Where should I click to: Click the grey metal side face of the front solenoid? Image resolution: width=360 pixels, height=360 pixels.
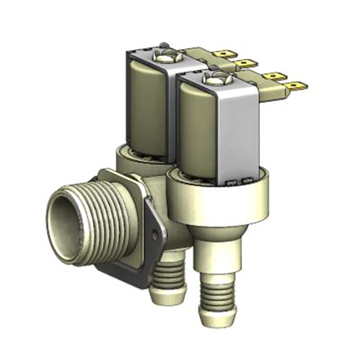pos(241,135)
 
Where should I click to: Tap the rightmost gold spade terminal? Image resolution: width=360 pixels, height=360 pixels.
pos(297,85)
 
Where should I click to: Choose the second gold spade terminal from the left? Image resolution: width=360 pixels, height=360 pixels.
pos(247,63)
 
